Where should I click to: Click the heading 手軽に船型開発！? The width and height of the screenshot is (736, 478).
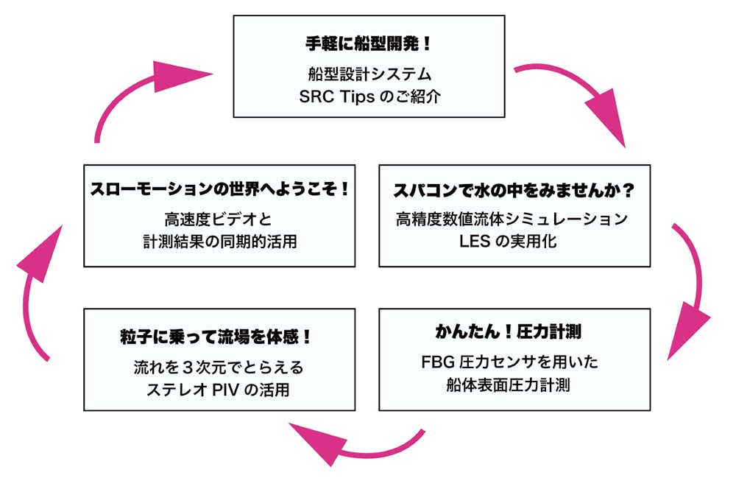[369, 43]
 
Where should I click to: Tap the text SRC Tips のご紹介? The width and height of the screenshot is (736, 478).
[369, 96]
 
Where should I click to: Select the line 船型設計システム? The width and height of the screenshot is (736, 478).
[369, 74]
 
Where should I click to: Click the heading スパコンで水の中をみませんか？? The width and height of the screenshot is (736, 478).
[514, 190]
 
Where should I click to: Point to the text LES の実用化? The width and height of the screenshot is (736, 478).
[508, 242]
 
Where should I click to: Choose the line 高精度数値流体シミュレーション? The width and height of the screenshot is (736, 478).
[512, 219]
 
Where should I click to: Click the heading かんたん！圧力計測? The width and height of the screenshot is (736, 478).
[509, 331]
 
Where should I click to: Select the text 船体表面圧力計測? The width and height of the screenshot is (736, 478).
[509, 385]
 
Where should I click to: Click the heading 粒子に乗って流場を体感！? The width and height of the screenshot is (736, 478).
[216, 337]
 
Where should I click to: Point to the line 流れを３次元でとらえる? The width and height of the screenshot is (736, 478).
[219, 367]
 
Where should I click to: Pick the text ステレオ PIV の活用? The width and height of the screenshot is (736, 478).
[218, 390]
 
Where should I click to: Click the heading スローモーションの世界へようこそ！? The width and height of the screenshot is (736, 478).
[219, 189]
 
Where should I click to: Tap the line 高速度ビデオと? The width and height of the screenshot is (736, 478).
[219, 219]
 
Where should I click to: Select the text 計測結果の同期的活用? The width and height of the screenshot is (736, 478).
[219, 242]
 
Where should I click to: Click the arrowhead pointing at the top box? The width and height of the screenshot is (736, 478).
[181, 75]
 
